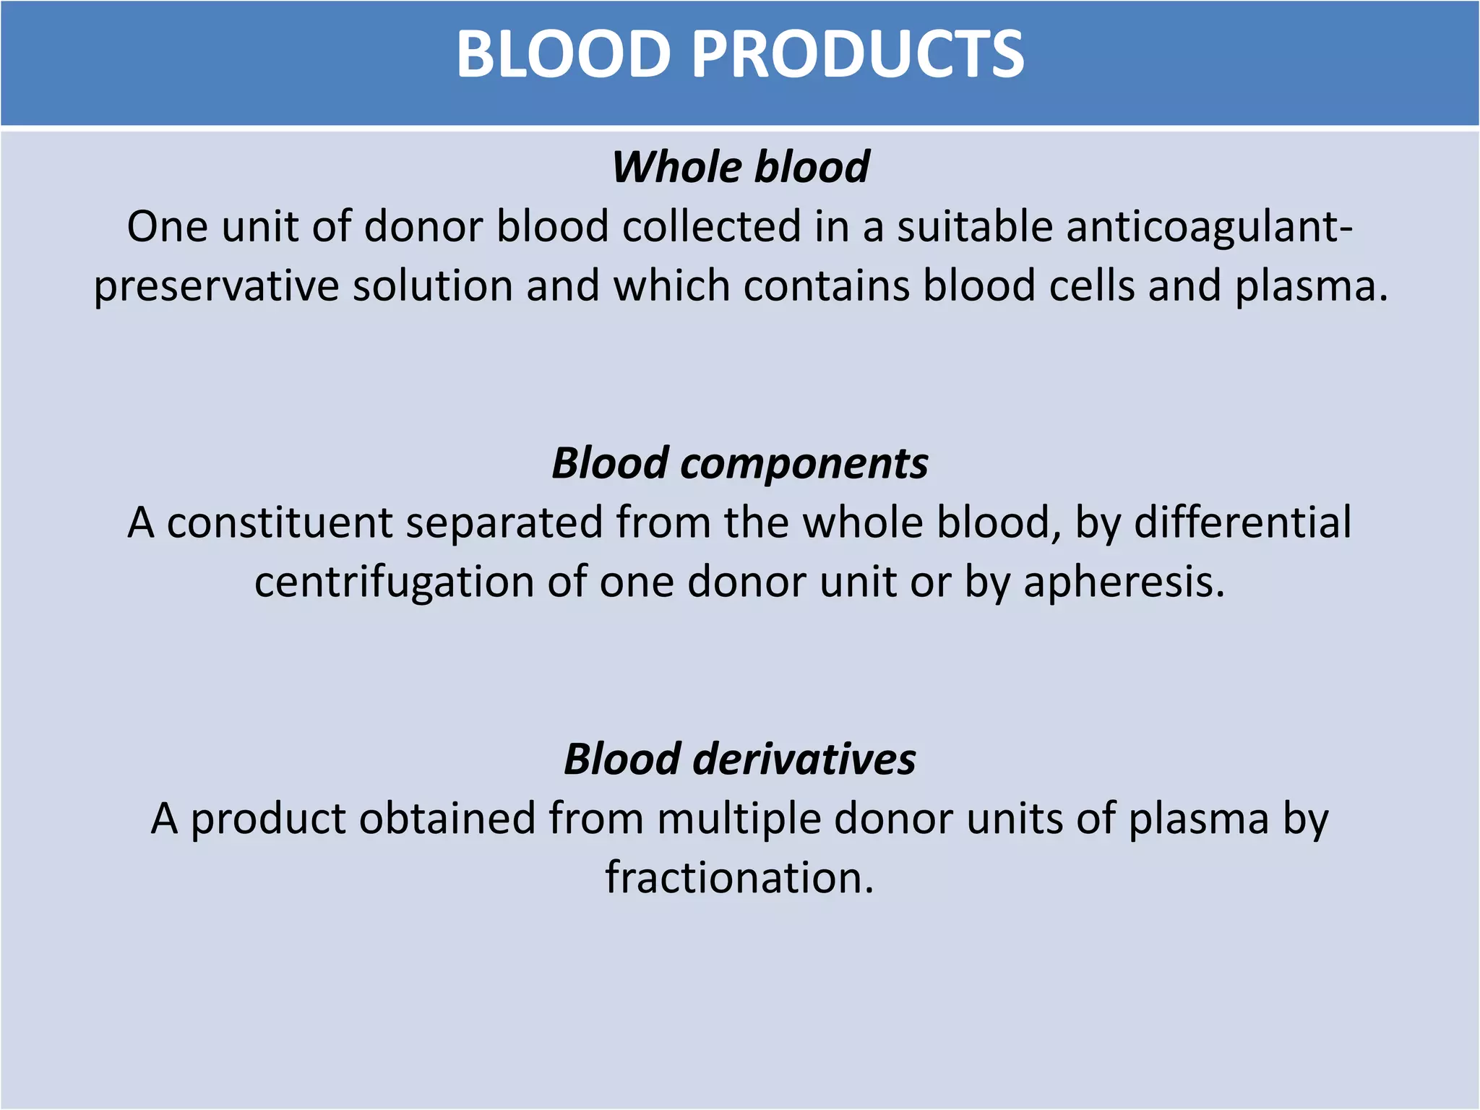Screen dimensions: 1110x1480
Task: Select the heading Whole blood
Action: pos(740,167)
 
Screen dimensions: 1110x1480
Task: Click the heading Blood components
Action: pos(740,463)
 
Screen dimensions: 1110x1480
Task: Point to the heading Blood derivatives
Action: pos(740,760)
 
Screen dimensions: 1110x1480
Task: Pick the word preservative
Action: pos(216,286)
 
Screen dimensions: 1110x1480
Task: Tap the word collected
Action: pos(711,227)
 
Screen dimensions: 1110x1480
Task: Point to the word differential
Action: pos(1242,522)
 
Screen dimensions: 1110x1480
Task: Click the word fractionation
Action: pos(739,878)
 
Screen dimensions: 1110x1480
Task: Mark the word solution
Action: pos(432,286)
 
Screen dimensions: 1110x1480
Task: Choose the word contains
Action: pos(827,286)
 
